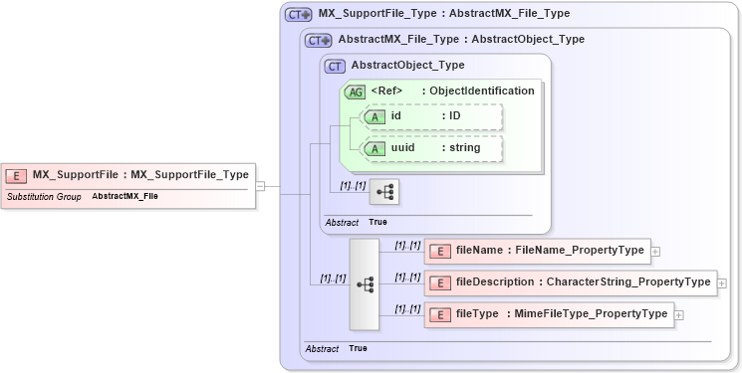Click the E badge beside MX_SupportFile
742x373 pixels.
[x=16, y=175]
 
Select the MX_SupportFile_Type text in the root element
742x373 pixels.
[x=189, y=175]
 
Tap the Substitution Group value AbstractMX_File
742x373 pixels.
[x=124, y=197]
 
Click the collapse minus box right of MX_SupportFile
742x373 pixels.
[x=259, y=185]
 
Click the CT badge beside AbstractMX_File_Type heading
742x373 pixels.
[x=319, y=41]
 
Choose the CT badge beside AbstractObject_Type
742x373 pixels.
[x=336, y=67]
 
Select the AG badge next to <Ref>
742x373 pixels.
[x=355, y=92]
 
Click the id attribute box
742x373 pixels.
[x=431, y=117]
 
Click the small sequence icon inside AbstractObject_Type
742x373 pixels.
[x=383, y=192]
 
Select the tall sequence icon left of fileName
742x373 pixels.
[x=365, y=283]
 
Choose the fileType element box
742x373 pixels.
[x=549, y=315]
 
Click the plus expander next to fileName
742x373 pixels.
[x=655, y=251]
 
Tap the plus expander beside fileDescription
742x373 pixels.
[x=721, y=282]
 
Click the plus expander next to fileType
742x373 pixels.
[x=679, y=315]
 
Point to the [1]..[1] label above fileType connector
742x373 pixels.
[x=406, y=308]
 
